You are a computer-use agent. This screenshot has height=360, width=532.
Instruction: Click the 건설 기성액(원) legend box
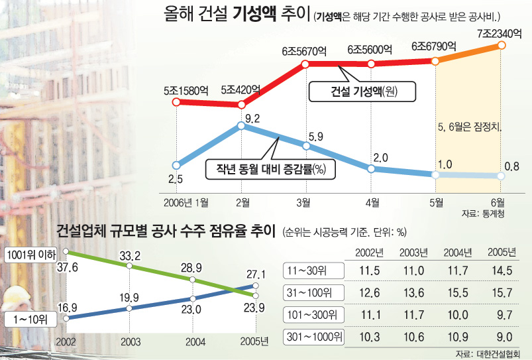pyautogui.click(x=362, y=91)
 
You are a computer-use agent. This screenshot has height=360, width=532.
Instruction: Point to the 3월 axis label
pyautogui.click(x=305, y=202)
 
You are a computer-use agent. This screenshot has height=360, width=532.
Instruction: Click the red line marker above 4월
pyautogui.click(x=371, y=64)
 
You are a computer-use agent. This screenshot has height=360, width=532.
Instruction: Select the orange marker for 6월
pyautogui.click(x=501, y=46)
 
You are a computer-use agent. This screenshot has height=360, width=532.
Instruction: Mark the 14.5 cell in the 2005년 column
pyautogui.click(x=499, y=270)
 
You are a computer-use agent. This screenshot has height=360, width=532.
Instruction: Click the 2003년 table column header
pyautogui.click(x=412, y=253)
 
